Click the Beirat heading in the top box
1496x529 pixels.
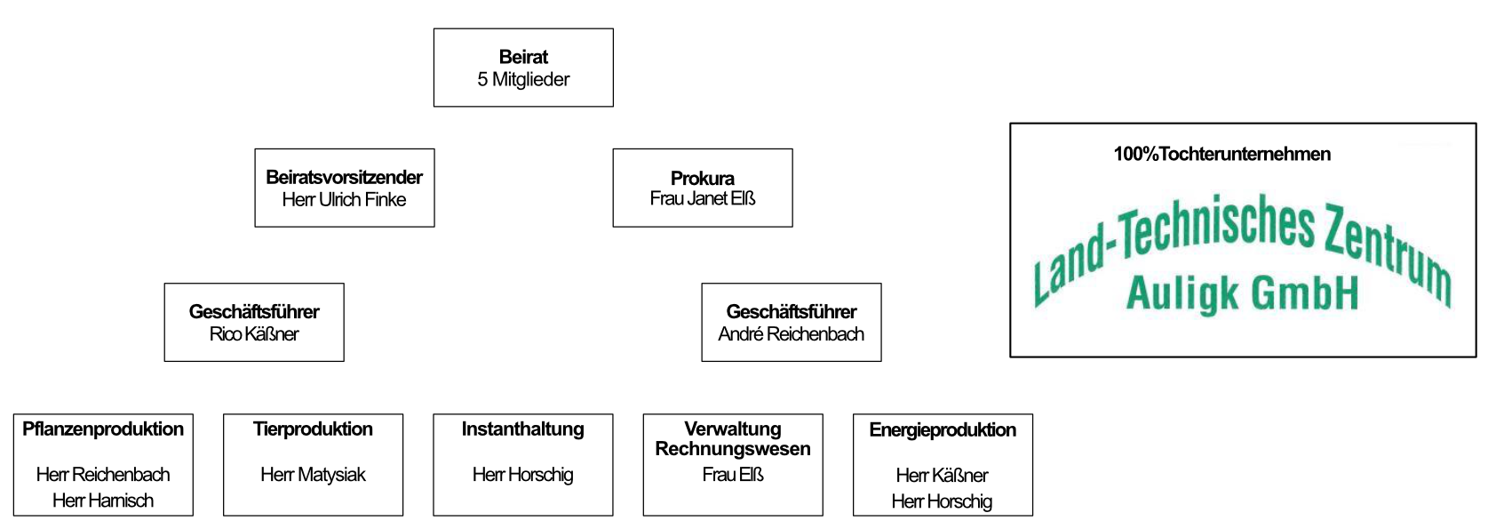click(523, 57)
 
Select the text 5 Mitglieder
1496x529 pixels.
click(523, 80)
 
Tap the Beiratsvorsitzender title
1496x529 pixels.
click(344, 177)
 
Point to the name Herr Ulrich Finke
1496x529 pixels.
click(344, 199)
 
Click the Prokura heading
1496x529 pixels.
click(703, 178)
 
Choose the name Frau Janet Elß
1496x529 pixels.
click(703, 198)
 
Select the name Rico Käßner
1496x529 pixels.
click(254, 333)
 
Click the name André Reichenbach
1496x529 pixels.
click(792, 333)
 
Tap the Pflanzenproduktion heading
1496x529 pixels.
click(103, 429)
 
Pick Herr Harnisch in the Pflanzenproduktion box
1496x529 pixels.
click(103, 501)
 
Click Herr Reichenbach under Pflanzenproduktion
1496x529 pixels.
click(103, 474)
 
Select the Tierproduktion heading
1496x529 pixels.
click(313, 429)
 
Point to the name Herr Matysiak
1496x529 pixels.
click(313, 475)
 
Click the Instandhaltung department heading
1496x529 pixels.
click(523, 429)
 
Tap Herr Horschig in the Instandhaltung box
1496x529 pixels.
click(523, 475)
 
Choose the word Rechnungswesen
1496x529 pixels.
click(733, 449)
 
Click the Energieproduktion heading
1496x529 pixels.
click(943, 430)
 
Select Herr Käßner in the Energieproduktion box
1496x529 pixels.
click(942, 475)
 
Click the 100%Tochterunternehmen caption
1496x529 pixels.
click(1222, 154)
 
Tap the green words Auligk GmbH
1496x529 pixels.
click(1243, 293)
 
